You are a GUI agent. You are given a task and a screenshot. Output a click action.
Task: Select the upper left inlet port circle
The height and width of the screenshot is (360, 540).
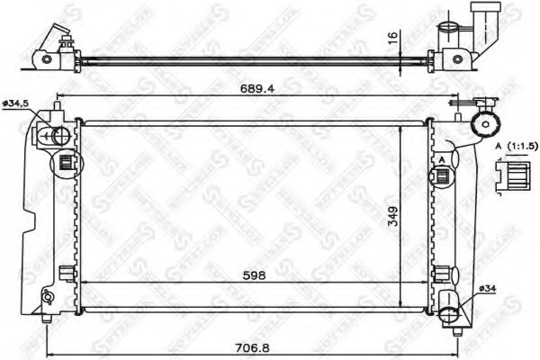click(60, 137)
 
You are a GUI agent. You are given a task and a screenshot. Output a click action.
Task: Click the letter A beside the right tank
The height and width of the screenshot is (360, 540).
click(442, 158)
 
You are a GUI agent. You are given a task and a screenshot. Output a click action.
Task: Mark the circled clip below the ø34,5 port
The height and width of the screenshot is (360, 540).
click(66, 165)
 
